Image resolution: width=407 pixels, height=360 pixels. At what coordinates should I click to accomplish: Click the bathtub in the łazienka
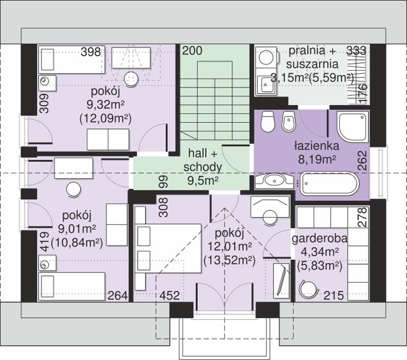[x=330, y=184]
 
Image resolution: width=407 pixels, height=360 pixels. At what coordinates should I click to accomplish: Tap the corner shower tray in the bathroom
[x=352, y=127]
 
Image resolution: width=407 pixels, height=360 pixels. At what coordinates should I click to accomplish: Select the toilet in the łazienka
[x=267, y=121]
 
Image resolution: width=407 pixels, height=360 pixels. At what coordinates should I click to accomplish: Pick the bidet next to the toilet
[x=288, y=121]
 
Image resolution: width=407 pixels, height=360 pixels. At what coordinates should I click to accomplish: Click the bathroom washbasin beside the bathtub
[x=275, y=181]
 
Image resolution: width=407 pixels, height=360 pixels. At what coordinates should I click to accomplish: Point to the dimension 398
[x=91, y=52]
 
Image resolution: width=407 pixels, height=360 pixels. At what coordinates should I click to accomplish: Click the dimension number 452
[x=170, y=295]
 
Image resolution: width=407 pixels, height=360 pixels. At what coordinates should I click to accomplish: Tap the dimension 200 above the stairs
[x=192, y=50]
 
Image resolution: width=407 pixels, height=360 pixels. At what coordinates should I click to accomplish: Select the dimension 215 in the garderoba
[x=333, y=295]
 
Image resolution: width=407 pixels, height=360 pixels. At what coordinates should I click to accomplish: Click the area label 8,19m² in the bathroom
[x=317, y=159]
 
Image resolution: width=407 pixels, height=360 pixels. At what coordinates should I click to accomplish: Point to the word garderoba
[x=319, y=238]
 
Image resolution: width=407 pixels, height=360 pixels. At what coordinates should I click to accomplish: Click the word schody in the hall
[x=203, y=167]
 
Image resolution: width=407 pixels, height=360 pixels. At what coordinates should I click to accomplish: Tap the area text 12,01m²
[x=230, y=246]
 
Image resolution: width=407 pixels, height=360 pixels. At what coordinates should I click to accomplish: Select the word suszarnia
[x=312, y=64]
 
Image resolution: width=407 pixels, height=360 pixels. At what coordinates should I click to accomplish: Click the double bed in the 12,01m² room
[x=168, y=248]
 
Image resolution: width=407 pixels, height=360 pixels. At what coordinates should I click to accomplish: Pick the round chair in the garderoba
[x=309, y=289]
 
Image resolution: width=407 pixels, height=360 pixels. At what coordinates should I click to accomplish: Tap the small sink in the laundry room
[x=266, y=85]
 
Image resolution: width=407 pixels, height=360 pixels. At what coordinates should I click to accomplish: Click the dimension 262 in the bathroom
[x=363, y=161]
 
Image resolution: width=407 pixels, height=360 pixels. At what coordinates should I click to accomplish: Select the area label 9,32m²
[x=105, y=104]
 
